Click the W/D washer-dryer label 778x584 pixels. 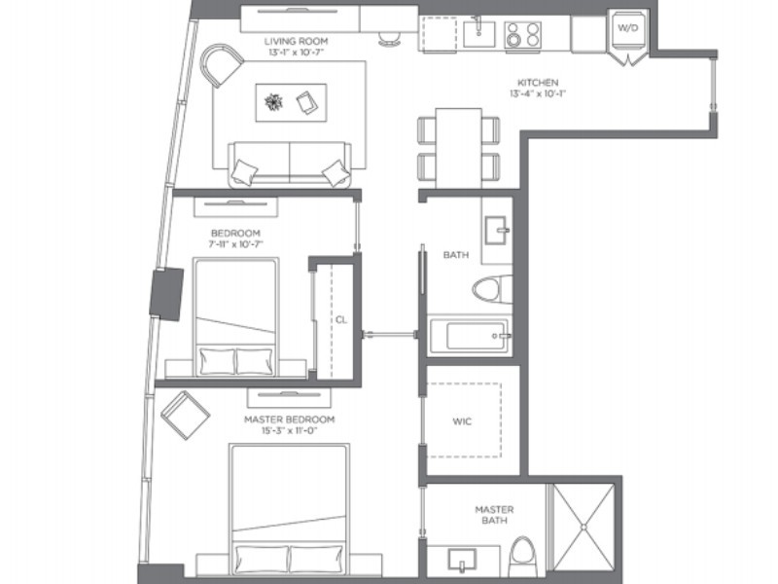(x=627, y=28)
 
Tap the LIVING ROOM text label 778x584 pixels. (x=296, y=41)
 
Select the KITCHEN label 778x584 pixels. (x=538, y=83)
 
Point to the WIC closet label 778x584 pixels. (x=462, y=421)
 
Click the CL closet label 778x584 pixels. (x=341, y=320)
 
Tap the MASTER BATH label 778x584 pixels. (x=494, y=515)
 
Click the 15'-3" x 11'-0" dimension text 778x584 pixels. (x=289, y=430)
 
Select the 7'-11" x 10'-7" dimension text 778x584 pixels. (x=235, y=244)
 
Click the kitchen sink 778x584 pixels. (x=478, y=33)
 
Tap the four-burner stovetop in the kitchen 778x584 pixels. (x=523, y=35)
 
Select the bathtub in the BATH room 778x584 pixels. (x=469, y=335)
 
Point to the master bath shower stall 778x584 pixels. (x=583, y=527)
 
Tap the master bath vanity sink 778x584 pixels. (x=462, y=560)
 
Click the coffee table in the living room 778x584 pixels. (x=291, y=102)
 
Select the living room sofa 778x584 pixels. (x=290, y=164)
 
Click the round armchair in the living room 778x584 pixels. (x=221, y=64)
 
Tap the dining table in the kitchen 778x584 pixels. (x=458, y=148)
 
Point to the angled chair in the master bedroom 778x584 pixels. (x=185, y=416)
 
